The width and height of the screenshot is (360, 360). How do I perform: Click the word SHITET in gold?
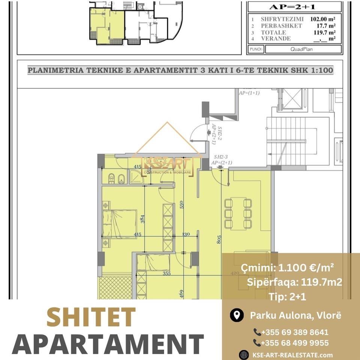91,317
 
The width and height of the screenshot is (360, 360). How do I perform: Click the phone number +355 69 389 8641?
291,332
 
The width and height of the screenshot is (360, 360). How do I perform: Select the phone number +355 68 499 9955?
291,343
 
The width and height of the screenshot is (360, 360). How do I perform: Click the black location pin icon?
236,315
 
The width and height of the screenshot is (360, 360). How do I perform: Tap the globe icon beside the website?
244,355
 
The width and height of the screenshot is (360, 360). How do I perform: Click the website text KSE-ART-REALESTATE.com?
292,355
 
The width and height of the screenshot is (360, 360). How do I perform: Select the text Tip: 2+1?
287,297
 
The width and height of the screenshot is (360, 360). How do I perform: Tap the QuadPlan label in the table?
303,49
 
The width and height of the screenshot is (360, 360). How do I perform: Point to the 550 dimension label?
181,204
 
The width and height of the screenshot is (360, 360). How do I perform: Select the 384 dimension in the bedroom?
143,219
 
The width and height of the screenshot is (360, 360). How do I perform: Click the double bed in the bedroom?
120,224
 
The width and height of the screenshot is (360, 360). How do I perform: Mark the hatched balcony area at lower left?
115,288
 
